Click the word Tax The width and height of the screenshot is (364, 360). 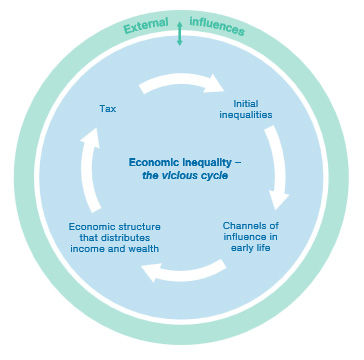click(109, 108)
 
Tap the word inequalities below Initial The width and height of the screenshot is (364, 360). click(253, 115)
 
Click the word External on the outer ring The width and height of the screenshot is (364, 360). click(145, 27)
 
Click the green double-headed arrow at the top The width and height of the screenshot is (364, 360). click(180, 33)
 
